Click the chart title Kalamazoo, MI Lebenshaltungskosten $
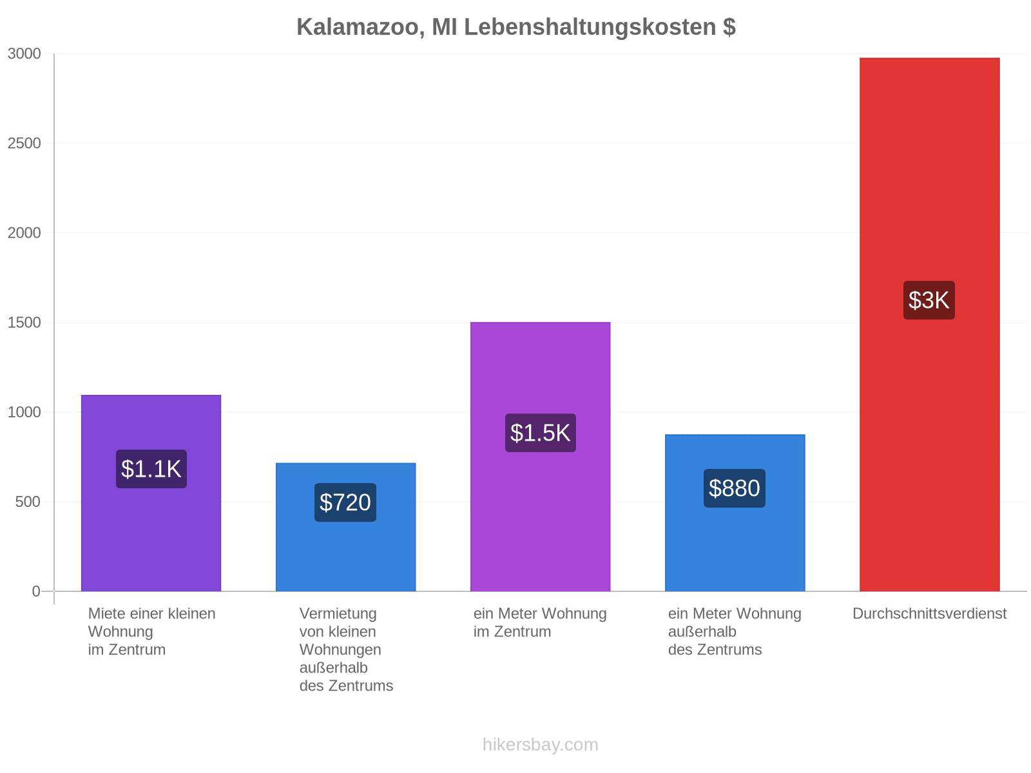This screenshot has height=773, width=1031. point(515,27)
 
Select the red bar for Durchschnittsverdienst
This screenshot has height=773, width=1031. point(929,324)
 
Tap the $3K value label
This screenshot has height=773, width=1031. point(929,300)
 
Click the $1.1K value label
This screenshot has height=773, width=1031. point(151,469)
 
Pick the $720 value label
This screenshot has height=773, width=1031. point(345,502)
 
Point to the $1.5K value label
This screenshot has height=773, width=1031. point(540,433)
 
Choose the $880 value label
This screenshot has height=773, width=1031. point(734,488)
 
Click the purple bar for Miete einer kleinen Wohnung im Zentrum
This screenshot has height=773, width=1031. point(151,493)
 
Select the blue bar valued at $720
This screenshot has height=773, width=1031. point(345,527)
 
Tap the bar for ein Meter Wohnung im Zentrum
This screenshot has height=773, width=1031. point(540,457)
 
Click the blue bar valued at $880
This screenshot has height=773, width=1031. point(735,513)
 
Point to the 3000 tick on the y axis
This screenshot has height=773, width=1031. point(24,53)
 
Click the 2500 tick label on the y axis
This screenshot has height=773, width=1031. point(24,143)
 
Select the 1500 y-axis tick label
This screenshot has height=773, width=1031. point(24,323)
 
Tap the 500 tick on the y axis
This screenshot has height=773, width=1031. point(28,502)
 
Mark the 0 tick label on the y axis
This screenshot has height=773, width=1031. point(36,591)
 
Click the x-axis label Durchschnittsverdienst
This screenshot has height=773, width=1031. point(930,613)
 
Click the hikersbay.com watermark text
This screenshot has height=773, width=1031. point(540,745)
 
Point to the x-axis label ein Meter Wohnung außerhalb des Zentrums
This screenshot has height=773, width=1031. point(735,631)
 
